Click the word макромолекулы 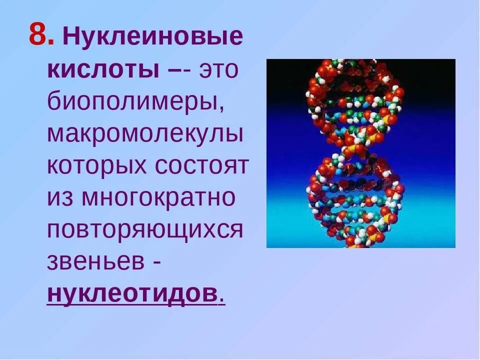(x=145, y=135)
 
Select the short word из (x=60, y=198)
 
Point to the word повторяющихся (x=145, y=230)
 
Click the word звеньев (x=94, y=262)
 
